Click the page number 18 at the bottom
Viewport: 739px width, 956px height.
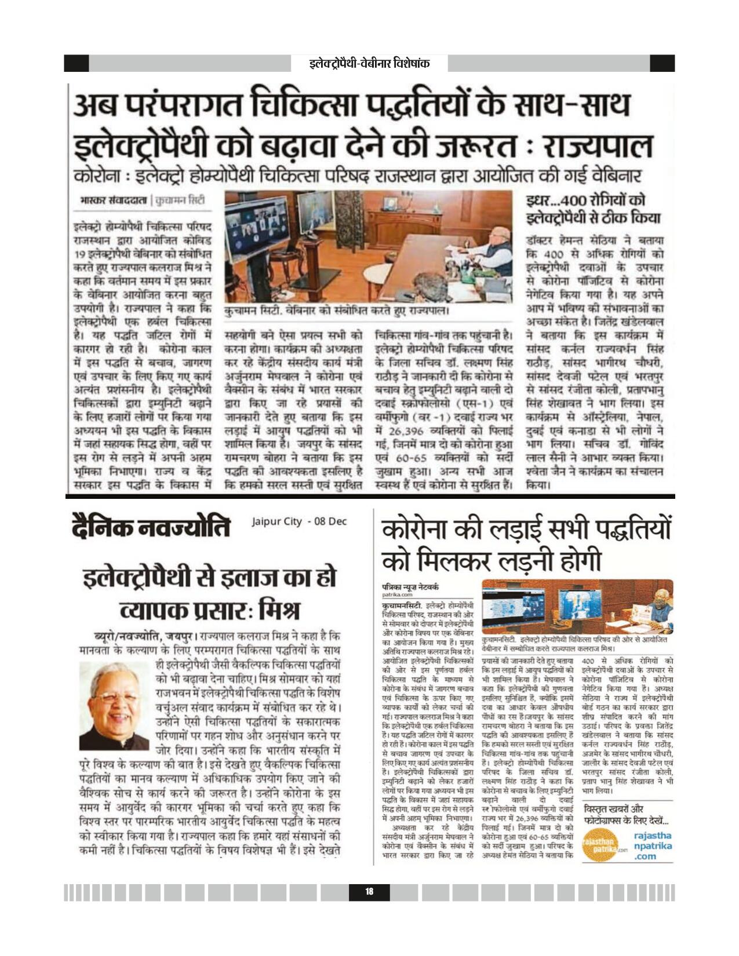click(369, 892)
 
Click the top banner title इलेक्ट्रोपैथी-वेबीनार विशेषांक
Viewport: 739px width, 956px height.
click(369, 63)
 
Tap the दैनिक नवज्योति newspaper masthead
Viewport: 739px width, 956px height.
click(151, 527)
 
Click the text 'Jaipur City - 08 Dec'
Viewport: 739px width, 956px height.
click(299, 521)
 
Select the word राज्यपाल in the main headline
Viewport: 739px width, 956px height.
click(596, 147)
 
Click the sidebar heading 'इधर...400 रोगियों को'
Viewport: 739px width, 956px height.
click(585, 201)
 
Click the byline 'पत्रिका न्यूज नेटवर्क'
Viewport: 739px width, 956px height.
click(410, 586)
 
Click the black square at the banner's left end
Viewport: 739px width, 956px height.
click(76, 63)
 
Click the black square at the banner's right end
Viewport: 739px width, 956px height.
click(662, 63)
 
